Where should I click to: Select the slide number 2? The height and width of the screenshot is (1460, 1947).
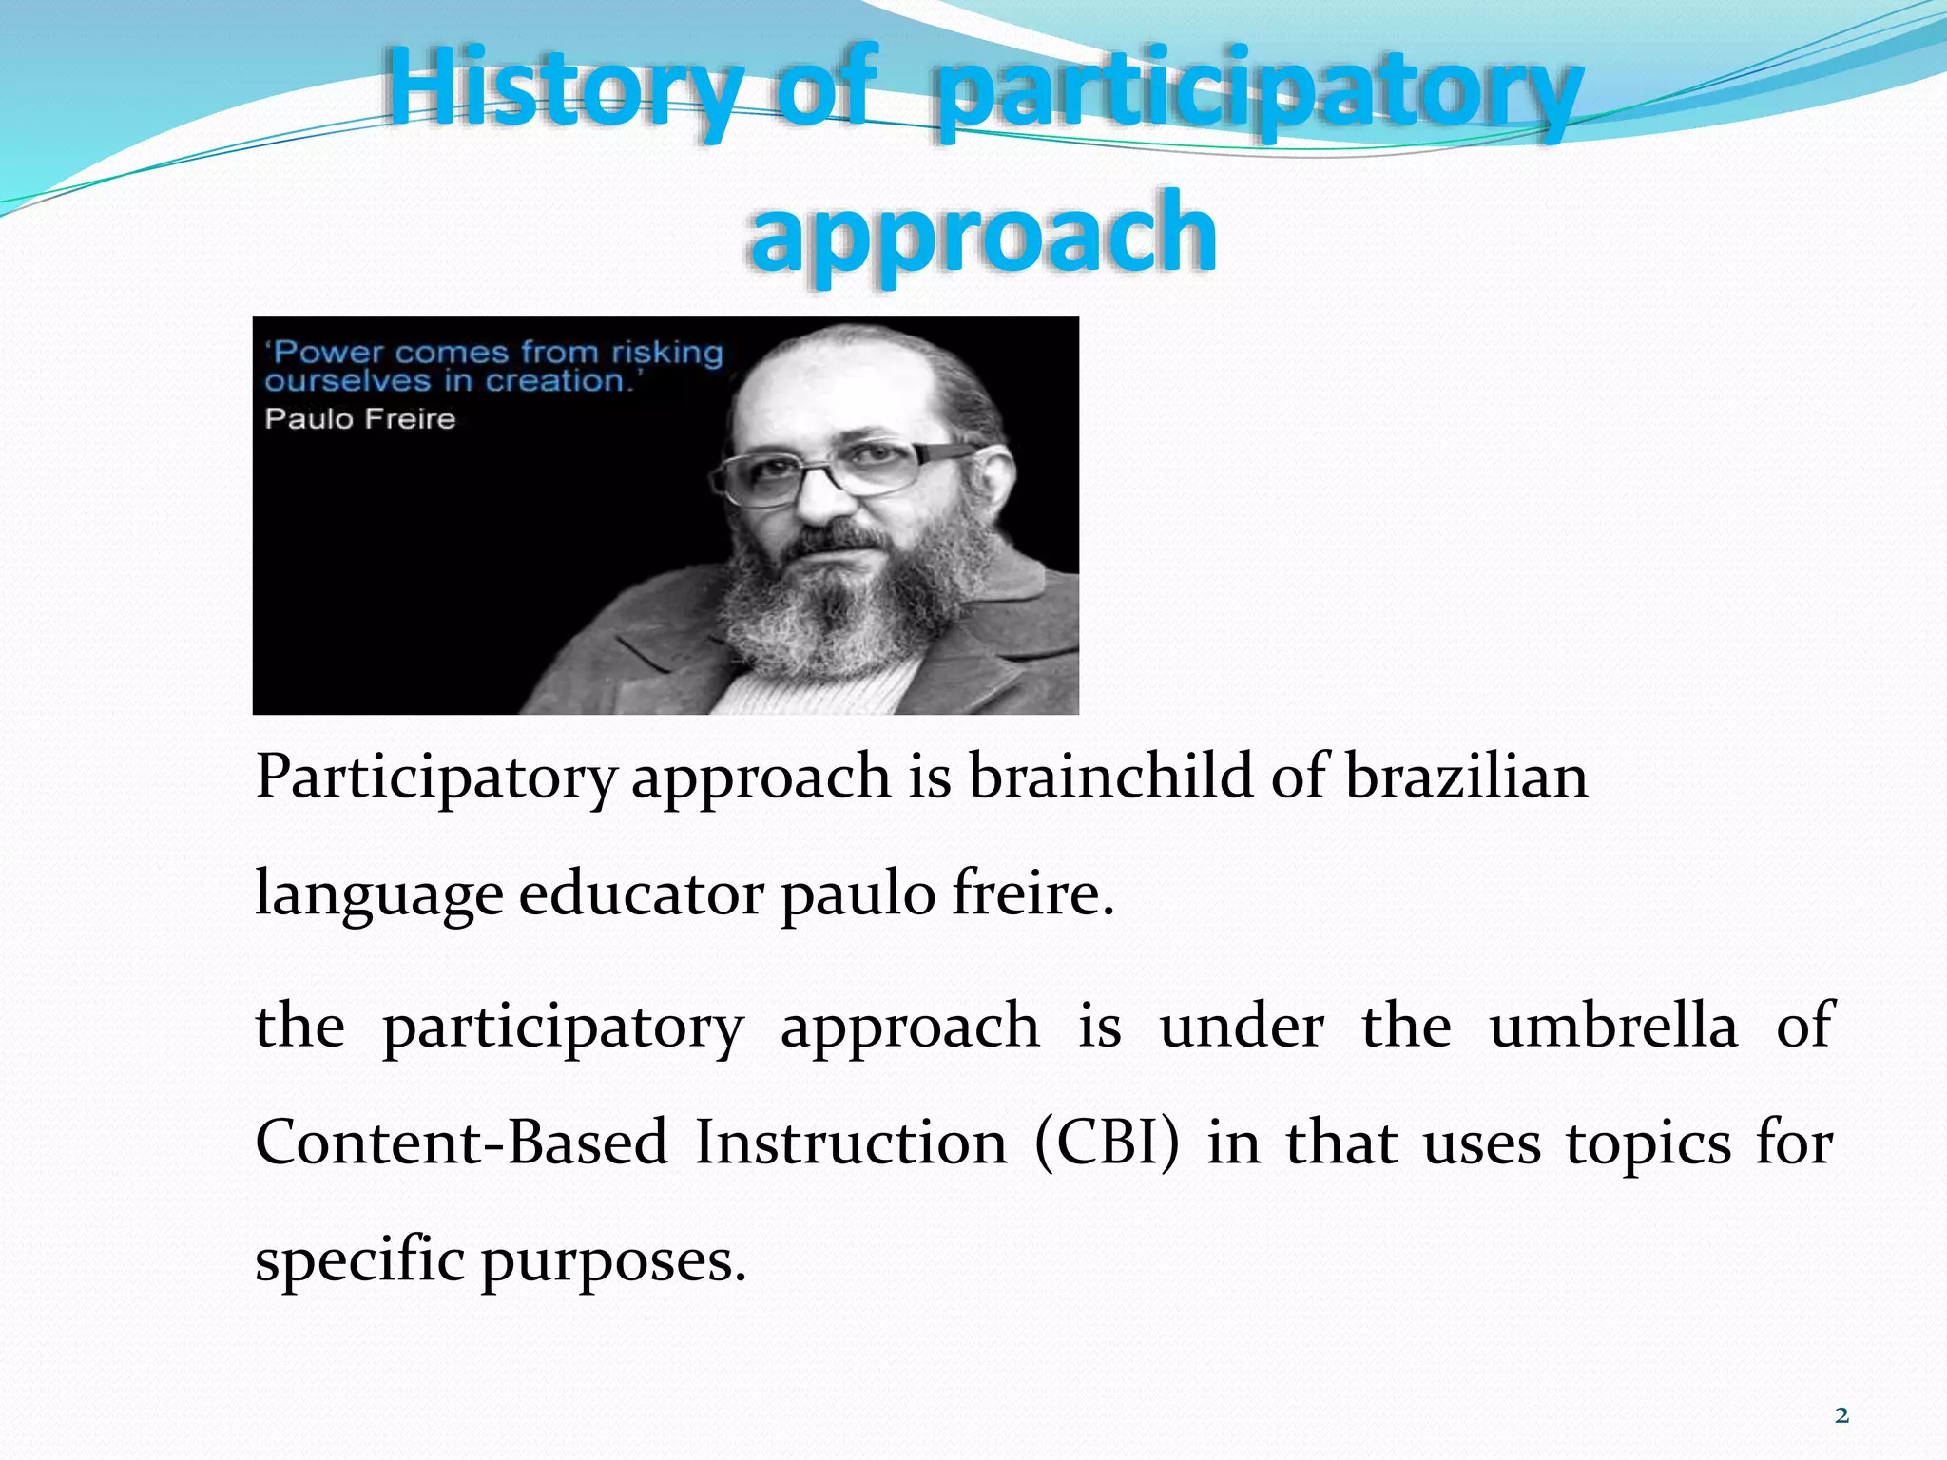[1841, 1415]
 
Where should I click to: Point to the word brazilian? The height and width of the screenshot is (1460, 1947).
[1466, 776]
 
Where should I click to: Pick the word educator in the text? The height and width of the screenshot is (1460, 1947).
[641, 893]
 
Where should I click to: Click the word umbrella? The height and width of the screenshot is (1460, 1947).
[1613, 1027]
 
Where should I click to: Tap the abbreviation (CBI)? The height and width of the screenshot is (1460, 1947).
[1107, 1143]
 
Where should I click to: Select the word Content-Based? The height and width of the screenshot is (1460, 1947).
[461, 1143]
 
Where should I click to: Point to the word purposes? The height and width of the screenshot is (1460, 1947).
[613, 1262]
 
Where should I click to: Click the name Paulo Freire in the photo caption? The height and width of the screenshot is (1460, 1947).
[360, 419]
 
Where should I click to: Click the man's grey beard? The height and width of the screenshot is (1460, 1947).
[837, 608]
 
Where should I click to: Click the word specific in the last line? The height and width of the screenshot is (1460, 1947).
[359, 1262]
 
